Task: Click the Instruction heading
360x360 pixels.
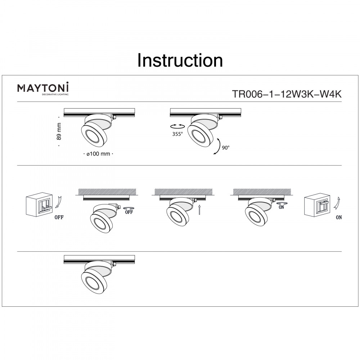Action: point(180,60)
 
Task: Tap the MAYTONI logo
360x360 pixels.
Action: point(43,89)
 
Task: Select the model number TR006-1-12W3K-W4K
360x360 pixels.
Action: point(287,94)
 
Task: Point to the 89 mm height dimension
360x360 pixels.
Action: point(59,131)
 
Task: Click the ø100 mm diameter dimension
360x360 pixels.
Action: point(98,154)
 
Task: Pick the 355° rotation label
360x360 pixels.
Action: point(177,134)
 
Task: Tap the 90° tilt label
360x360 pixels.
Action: point(226,148)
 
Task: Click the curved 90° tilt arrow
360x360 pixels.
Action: point(219,147)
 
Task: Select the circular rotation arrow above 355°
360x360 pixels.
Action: point(177,126)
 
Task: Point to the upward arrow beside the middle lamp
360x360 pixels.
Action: point(199,210)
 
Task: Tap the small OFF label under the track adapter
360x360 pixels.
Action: point(129,212)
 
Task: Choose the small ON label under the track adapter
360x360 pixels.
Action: point(281,207)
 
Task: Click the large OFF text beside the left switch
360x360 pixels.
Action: point(59,217)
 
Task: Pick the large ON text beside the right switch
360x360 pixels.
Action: point(339,217)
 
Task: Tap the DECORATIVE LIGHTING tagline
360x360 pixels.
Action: point(55,94)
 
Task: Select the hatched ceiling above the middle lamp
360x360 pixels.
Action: point(184,192)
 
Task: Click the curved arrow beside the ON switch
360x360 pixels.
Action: point(337,203)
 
